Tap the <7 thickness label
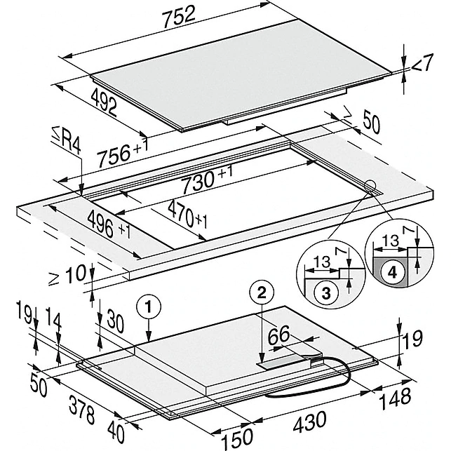420,65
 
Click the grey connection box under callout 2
284,361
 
